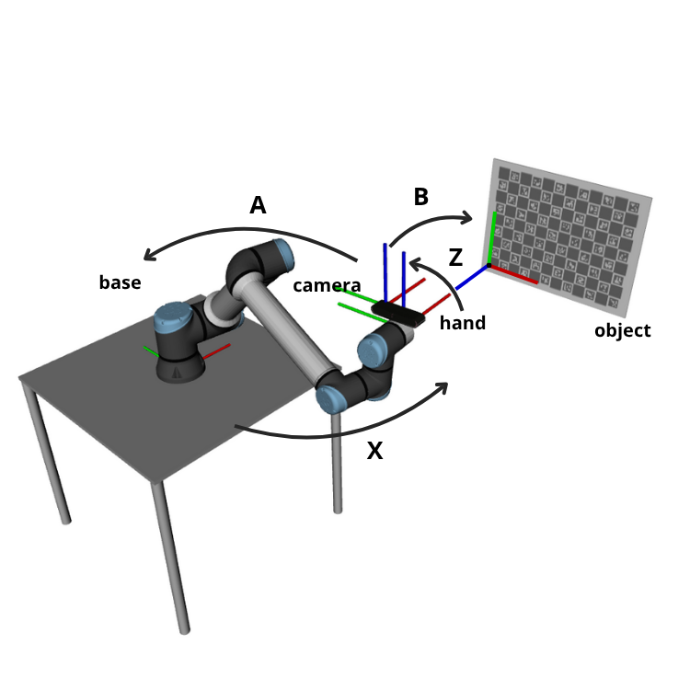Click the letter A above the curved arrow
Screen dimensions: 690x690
coord(258,205)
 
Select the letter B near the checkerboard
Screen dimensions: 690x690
coord(420,197)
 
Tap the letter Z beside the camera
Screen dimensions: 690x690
coord(454,259)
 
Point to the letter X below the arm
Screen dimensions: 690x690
coord(374,452)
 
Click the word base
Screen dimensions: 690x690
coord(120,282)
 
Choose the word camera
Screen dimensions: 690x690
coord(327,286)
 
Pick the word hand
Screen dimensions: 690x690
coord(462,323)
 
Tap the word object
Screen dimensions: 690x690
coord(622,330)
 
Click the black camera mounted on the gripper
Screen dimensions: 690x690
coord(398,314)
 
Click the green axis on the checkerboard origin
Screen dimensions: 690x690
coord(494,237)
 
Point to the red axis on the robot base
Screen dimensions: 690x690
coord(216,351)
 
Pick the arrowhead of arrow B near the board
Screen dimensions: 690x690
coord(466,218)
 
